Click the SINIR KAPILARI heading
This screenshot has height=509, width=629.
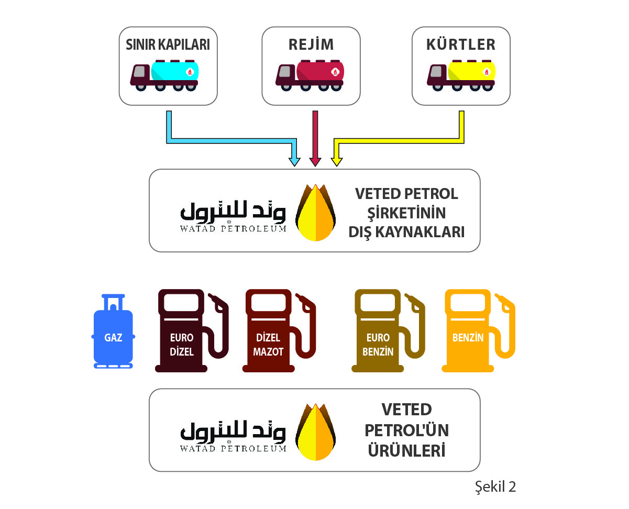click(168, 45)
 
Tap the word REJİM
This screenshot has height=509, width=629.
click(311, 45)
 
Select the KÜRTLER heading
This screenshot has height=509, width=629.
click(461, 45)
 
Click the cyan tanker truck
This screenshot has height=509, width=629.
click(164, 75)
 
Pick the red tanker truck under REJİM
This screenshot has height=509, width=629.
click(310, 75)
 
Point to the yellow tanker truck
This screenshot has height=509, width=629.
click(461, 75)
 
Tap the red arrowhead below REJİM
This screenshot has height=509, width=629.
click(315, 162)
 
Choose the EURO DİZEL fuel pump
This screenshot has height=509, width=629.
click(191, 330)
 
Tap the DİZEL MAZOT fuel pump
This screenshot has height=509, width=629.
click(279, 330)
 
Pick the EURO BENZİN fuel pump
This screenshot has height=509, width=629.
click(388, 330)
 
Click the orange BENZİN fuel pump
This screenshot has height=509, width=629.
click(478, 330)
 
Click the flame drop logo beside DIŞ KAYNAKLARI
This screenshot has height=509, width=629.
click(315, 213)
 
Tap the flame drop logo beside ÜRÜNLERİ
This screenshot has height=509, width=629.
click(315, 432)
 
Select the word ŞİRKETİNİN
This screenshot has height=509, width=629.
click(406, 213)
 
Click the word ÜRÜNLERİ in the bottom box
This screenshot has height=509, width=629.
click(406, 450)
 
